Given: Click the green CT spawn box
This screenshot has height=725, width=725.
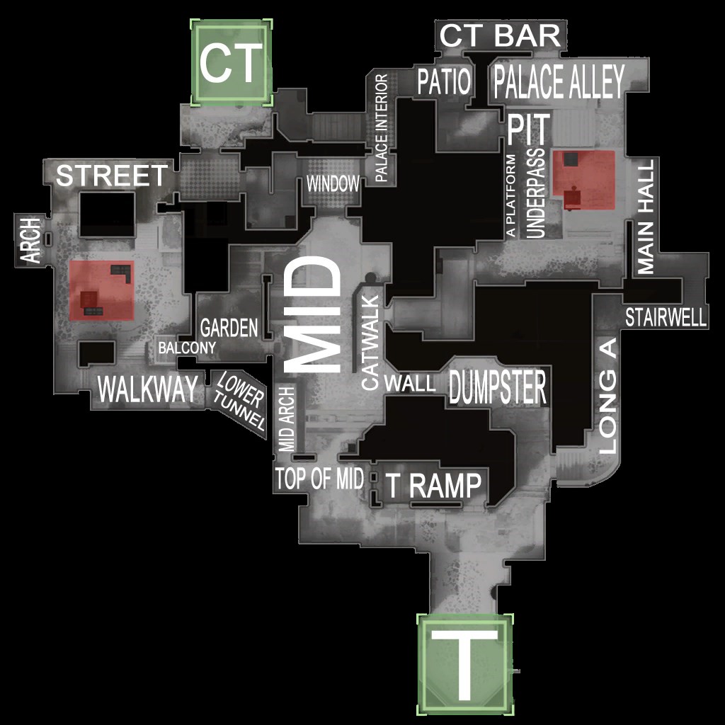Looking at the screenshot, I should click(231, 62).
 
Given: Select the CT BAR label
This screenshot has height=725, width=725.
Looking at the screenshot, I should click(501, 35).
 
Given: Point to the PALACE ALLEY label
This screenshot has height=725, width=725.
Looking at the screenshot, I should click(559, 82).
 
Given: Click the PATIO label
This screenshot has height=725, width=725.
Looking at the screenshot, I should click(444, 82).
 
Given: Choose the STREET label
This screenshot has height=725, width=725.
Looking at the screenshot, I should click(112, 176).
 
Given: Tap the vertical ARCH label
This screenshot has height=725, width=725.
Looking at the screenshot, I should click(32, 240).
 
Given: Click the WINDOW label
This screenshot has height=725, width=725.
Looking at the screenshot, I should click(333, 184).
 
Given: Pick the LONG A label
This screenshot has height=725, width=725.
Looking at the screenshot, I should click(607, 396).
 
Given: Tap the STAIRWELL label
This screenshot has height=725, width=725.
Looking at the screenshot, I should click(666, 318).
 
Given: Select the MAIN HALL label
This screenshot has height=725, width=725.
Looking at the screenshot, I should click(645, 215).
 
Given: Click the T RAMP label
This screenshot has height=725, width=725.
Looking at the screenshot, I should click(433, 486).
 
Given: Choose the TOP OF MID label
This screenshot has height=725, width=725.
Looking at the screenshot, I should click(319, 479).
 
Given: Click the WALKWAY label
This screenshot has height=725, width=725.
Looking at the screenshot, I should click(147, 390).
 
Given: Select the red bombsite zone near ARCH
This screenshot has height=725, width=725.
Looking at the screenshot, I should click(102, 290).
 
